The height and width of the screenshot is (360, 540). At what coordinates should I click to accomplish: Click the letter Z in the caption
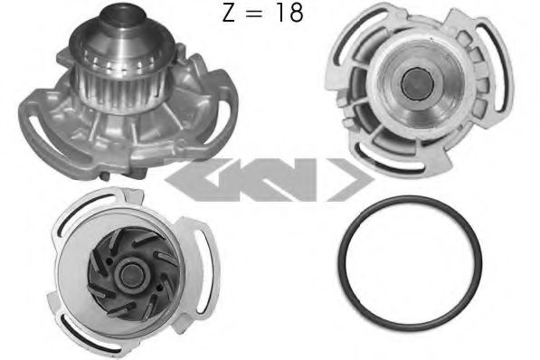229,13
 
